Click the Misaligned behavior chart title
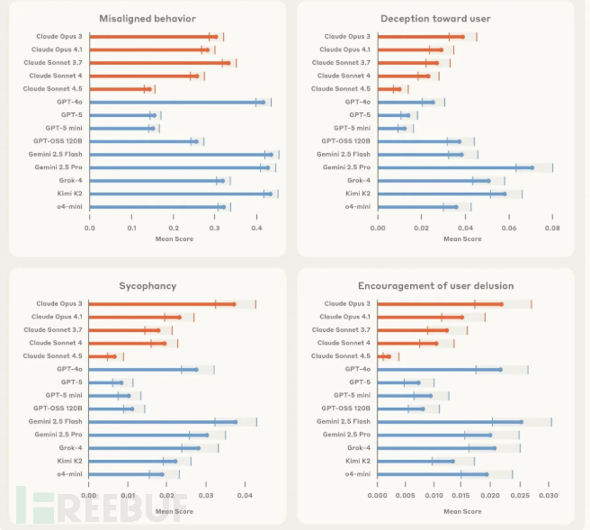pos(149,18)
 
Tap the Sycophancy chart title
pos(149,286)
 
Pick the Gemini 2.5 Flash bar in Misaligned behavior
pos(180,155)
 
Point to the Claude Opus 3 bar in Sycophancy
pos(162,304)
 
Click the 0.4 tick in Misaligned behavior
pos(256,228)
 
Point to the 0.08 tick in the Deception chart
pos(552,228)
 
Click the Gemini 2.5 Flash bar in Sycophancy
pos(163,421)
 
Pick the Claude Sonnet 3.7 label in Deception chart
pos(341,63)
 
